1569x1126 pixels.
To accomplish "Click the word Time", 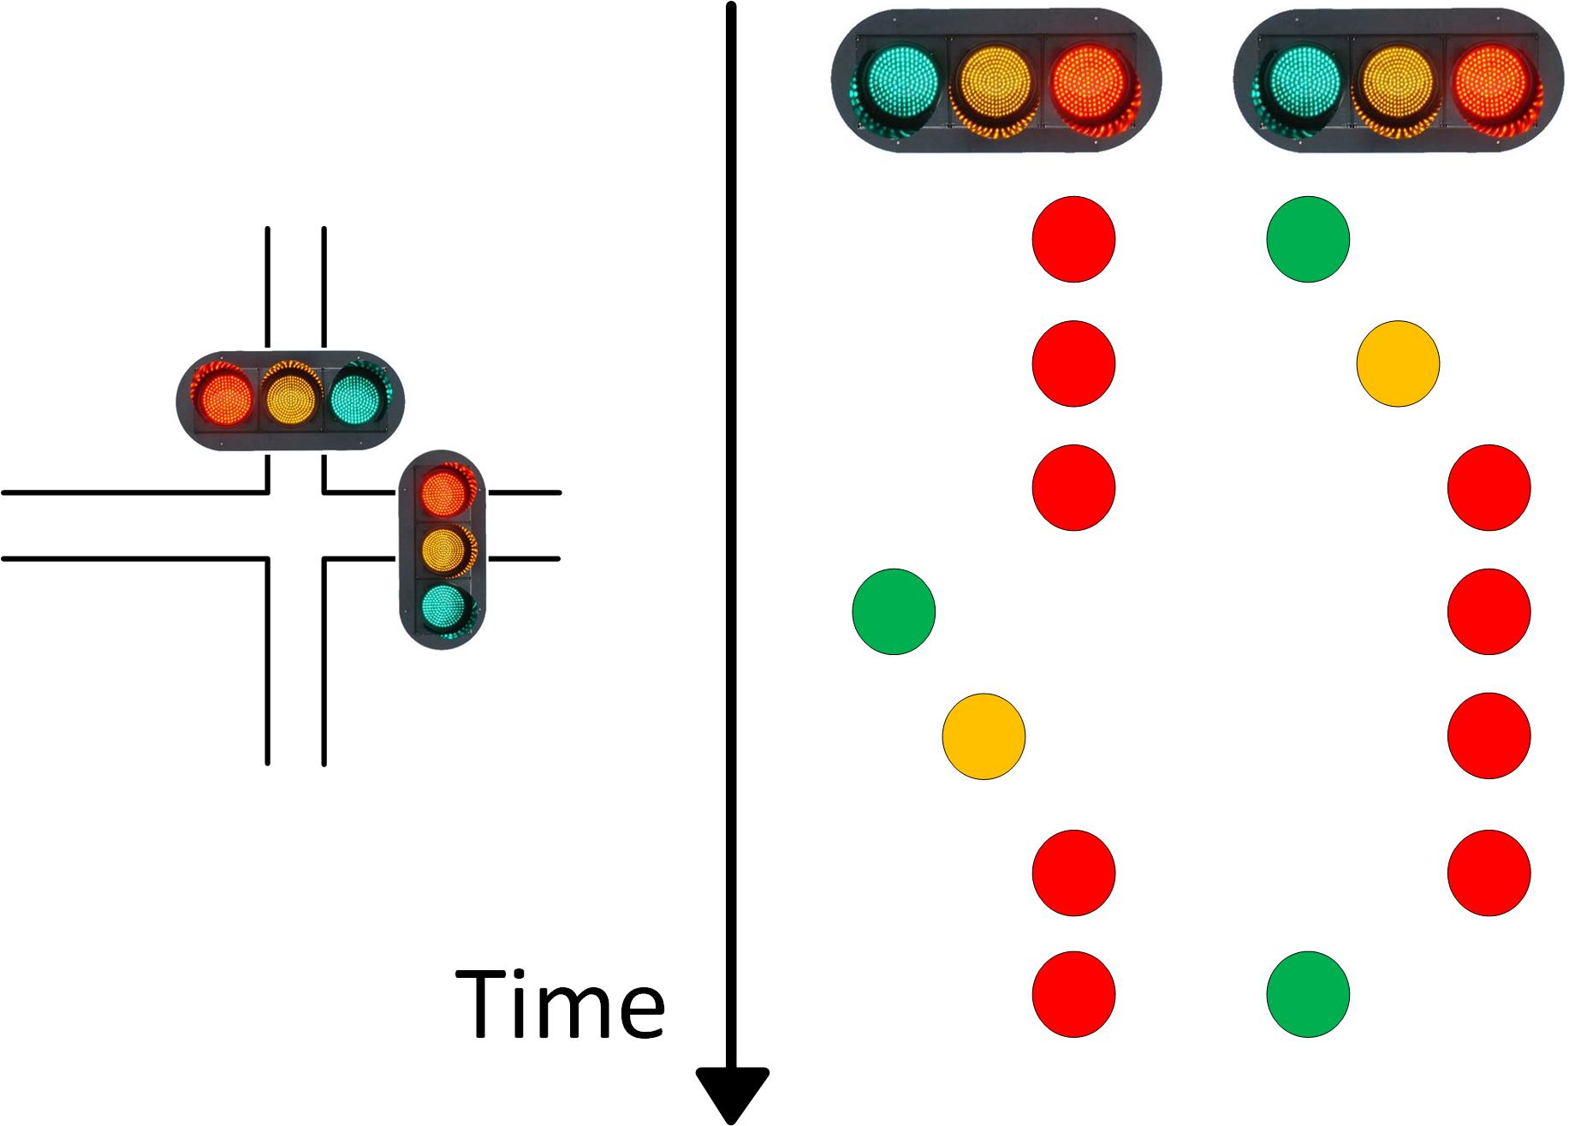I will pyautogui.click(x=561, y=1003).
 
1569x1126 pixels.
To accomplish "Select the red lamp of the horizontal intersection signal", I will pyautogui.click(x=225, y=399).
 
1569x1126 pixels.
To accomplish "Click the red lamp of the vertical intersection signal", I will pyautogui.click(x=443, y=490).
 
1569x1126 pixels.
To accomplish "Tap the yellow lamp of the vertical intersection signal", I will pyautogui.click(x=443, y=549).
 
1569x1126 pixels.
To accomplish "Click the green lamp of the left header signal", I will pyautogui.click(x=900, y=80).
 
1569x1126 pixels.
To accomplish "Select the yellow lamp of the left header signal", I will pyautogui.click(x=995, y=81).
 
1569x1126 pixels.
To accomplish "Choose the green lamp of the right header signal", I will pyautogui.click(x=1303, y=80).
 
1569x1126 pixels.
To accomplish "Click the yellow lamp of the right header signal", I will pyautogui.click(x=1397, y=81).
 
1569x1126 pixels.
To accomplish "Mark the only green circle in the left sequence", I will pyautogui.click(x=894, y=611).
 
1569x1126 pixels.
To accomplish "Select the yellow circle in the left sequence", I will pyautogui.click(x=984, y=736).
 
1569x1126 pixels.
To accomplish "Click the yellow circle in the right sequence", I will pyautogui.click(x=1398, y=364).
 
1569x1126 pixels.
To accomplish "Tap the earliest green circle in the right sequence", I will pyautogui.click(x=1308, y=239).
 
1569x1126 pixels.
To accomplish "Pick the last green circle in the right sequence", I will pyautogui.click(x=1308, y=994).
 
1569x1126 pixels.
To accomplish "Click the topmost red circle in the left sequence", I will pyautogui.click(x=1073, y=239).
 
